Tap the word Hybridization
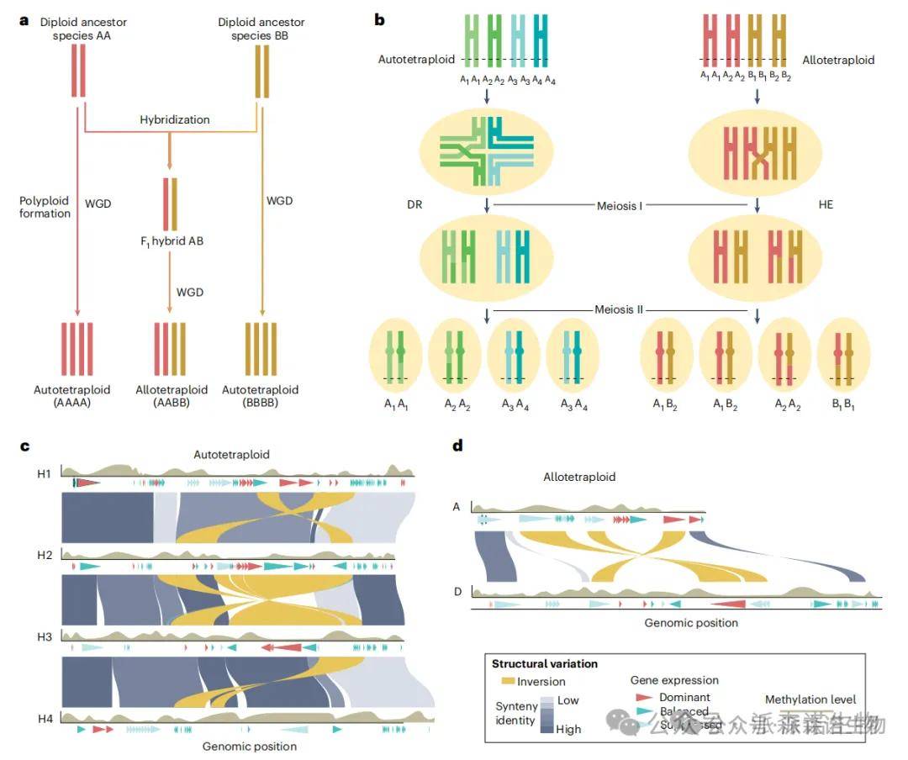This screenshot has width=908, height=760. [175, 120]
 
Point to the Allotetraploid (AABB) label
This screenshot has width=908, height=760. [172, 396]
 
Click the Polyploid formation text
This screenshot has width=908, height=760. [45, 207]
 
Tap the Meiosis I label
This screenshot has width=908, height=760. [620, 205]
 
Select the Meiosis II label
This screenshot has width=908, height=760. [620, 309]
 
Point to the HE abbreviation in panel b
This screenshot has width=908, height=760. [826, 204]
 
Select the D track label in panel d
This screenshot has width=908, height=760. [457, 592]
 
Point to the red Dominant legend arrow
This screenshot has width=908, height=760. [642, 698]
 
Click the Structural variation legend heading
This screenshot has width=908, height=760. [545, 664]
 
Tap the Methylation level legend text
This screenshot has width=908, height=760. [810, 699]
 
